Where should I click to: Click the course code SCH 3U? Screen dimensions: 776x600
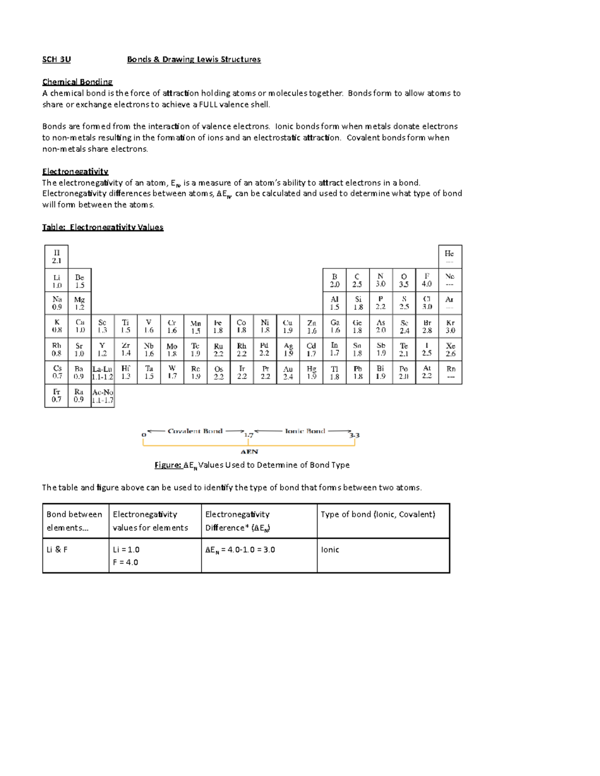(x=56, y=59)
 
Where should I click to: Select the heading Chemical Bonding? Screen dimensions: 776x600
(x=77, y=82)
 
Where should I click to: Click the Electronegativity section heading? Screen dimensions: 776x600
(x=75, y=171)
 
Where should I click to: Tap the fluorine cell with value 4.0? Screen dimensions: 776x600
(x=426, y=280)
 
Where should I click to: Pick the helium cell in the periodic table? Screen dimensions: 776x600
(x=449, y=257)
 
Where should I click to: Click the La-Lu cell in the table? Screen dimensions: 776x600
(x=102, y=373)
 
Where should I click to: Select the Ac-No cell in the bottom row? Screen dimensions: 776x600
(x=102, y=396)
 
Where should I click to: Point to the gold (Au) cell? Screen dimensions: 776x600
(x=288, y=373)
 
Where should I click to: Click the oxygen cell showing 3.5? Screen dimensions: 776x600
(x=403, y=280)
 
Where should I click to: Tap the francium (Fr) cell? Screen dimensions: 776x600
(x=56, y=396)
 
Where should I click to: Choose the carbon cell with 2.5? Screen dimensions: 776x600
(x=357, y=280)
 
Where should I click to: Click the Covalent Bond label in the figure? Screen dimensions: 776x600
(x=195, y=431)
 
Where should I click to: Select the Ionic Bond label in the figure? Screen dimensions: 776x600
(x=304, y=431)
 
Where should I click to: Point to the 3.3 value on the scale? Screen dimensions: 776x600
(x=354, y=435)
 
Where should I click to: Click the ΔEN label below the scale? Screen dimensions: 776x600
(x=249, y=452)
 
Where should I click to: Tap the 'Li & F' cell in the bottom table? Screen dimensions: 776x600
(x=57, y=550)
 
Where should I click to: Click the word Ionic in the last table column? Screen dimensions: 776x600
(x=330, y=550)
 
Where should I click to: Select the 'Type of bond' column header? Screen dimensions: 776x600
(x=377, y=514)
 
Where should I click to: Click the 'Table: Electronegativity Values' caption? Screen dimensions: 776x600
(x=103, y=227)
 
